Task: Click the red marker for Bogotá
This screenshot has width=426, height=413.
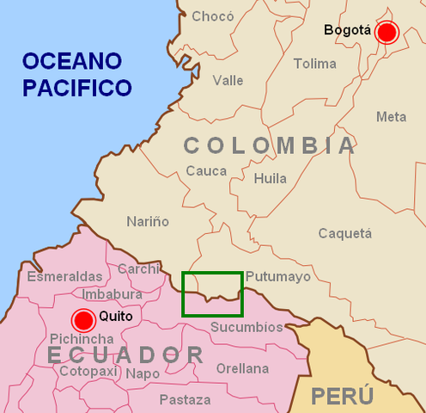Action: click(x=387, y=33)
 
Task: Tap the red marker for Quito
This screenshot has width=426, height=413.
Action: click(x=83, y=320)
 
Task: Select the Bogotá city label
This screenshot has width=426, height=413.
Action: click(x=348, y=31)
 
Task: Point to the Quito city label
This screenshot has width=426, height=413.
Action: click(x=115, y=316)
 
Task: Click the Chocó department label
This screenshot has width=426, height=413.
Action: click(x=212, y=16)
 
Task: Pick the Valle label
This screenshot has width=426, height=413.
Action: click(x=228, y=80)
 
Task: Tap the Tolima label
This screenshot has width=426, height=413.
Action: click(x=314, y=64)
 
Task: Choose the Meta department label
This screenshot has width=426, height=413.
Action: click(x=391, y=117)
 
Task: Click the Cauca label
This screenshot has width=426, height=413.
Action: click(x=206, y=171)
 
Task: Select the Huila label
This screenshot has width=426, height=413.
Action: click(x=271, y=179)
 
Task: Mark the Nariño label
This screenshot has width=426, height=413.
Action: click(x=148, y=221)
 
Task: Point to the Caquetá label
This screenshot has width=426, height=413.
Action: click(x=345, y=233)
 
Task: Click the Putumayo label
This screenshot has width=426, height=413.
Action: click(x=277, y=277)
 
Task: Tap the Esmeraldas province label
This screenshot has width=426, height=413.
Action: click(x=64, y=276)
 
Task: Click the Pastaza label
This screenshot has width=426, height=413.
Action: click(x=185, y=399)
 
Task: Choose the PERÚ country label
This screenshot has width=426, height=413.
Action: click(x=342, y=397)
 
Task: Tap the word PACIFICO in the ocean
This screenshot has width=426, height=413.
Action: click(x=77, y=87)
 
